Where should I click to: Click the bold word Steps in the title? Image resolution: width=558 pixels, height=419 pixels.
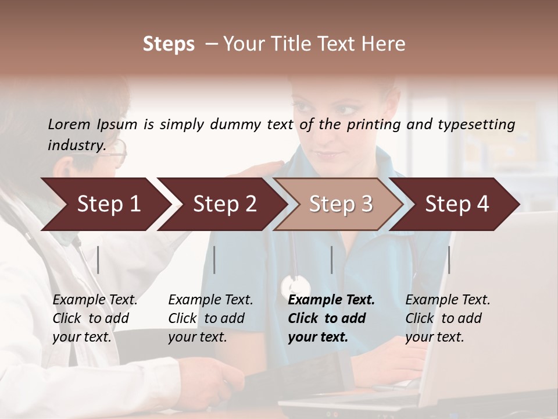pyautogui.click(x=169, y=44)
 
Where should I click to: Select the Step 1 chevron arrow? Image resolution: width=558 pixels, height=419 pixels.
pyautogui.click(x=108, y=204)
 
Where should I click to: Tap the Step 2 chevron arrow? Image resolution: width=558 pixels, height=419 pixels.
pyautogui.click(x=224, y=204)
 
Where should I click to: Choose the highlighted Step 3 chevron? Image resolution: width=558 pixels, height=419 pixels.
pyautogui.click(x=341, y=204)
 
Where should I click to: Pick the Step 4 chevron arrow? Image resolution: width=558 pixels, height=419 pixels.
pyautogui.click(x=457, y=204)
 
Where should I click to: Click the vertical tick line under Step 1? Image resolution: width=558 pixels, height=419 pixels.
pyautogui.click(x=98, y=260)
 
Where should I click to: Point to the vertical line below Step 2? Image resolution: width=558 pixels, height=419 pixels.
pyautogui.click(x=214, y=260)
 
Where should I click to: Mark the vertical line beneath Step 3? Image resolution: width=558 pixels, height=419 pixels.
pyautogui.click(x=331, y=260)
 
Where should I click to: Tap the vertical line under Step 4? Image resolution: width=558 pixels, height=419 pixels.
pyautogui.click(x=449, y=260)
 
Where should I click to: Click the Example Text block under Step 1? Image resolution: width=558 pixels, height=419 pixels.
pyautogui.click(x=95, y=318)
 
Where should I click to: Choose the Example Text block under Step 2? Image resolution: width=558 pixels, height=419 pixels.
pyautogui.click(x=210, y=318)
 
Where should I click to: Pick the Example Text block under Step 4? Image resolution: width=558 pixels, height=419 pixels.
pyautogui.click(x=448, y=318)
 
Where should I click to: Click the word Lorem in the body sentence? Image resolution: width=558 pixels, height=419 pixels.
pyautogui.click(x=69, y=125)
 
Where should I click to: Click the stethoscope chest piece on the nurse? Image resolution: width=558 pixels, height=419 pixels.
pyautogui.click(x=295, y=286)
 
